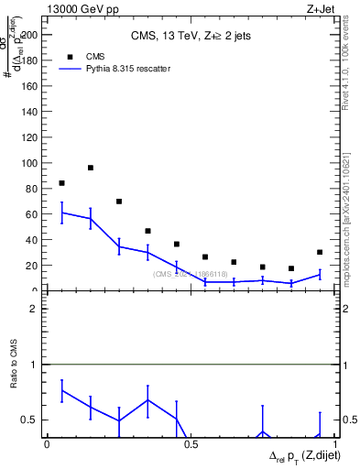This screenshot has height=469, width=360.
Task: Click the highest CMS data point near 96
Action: pyautogui.click(x=91, y=168)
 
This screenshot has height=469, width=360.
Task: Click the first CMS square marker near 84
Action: pyautogui.click(x=61, y=183)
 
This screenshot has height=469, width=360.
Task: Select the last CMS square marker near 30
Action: pyautogui.click(x=320, y=252)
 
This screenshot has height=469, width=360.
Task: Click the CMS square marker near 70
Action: pyautogui.click(x=119, y=202)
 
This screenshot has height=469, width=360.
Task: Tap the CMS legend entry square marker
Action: pyautogui.click(x=70, y=55)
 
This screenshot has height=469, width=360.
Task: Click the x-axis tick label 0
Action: pyautogui.click(x=48, y=443)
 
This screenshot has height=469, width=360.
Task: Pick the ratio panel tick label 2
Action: pyautogui.click(x=33, y=309)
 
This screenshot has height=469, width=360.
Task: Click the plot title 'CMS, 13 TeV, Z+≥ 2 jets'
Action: pyautogui.click(x=191, y=36)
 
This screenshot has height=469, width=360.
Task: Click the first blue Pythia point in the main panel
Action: pyautogui.click(x=61, y=213)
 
